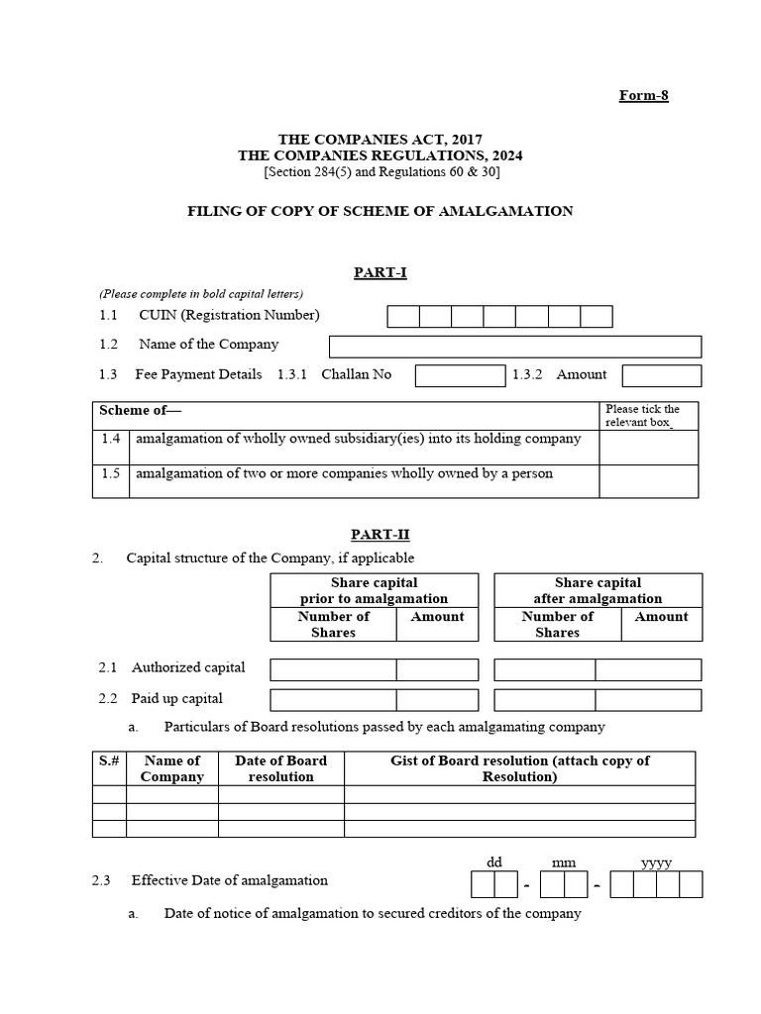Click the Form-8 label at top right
pyautogui.click(x=644, y=95)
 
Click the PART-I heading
pyautogui.click(x=380, y=272)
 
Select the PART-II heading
pyautogui.click(x=380, y=535)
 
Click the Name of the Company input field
pyautogui.click(x=514, y=346)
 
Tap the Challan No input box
pyautogui.click(x=460, y=375)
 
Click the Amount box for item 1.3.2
pyautogui.click(x=661, y=375)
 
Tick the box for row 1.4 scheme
pyautogui.click(x=648, y=447)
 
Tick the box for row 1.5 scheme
pyautogui.click(x=648, y=481)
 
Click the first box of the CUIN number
pyautogui.click(x=403, y=316)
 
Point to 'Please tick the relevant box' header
pyautogui.click(x=648, y=416)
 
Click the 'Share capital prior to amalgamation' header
pyautogui.click(x=374, y=590)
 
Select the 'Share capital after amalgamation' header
pyautogui.click(x=598, y=590)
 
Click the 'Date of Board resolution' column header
pyautogui.click(x=280, y=768)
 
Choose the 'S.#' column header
pyautogui.click(x=109, y=760)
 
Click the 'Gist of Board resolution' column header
pyautogui.click(x=520, y=768)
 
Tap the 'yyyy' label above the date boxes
pyautogui.click(x=656, y=862)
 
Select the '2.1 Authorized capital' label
pyautogui.click(x=172, y=667)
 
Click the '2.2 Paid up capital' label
pyautogui.click(x=162, y=698)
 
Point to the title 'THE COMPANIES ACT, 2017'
pyautogui.click(x=380, y=140)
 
